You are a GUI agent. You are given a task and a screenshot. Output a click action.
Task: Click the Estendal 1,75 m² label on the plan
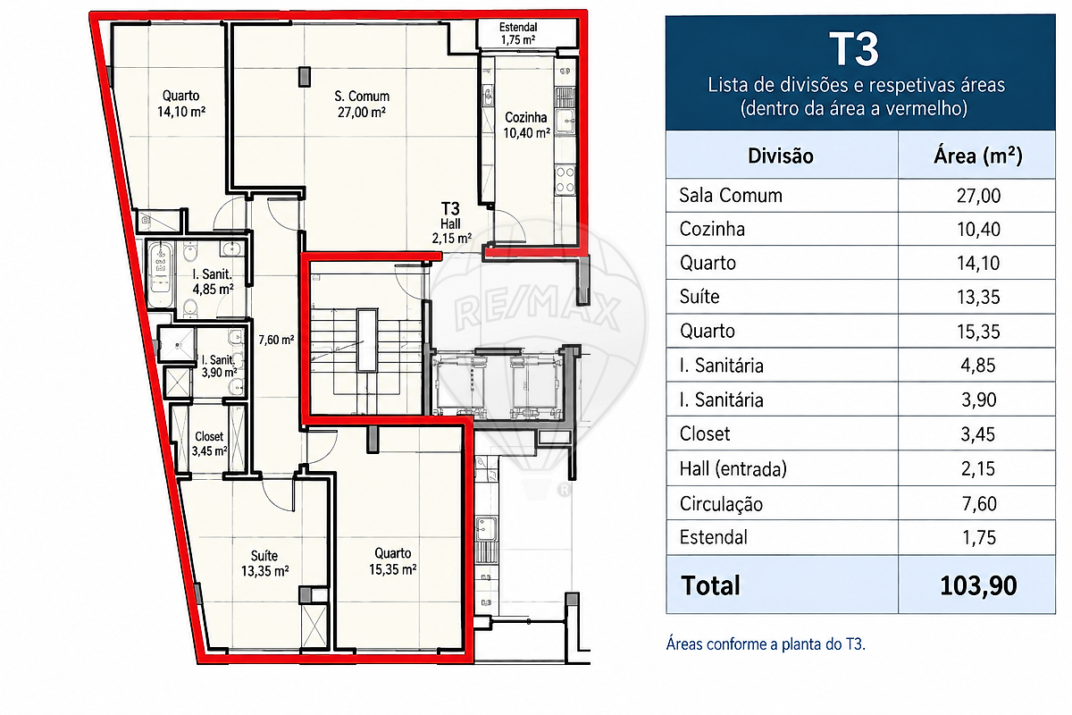pyautogui.click(x=518, y=34)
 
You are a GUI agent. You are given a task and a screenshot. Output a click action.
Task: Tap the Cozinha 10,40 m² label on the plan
pyautogui.click(x=526, y=125)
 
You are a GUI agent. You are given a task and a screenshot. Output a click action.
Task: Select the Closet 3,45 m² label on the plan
pyautogui.click(x=209, y=443)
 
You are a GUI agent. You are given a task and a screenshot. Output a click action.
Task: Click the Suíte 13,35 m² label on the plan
pyautogui.click(x=264, y=563)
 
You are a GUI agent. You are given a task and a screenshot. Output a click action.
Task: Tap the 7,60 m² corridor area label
pyautogui.click(x=276, y=340)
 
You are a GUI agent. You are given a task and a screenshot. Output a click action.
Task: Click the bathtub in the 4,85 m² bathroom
pyautogui.click(x=160, y=274)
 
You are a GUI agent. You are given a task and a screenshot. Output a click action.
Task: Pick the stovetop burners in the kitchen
pyautogui.click(x=565, y=180)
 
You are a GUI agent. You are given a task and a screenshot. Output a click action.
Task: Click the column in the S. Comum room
pyautogui.click(x=305, y=77)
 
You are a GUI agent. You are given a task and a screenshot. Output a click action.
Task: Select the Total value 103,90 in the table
pyautogui.click(x=978, y=585)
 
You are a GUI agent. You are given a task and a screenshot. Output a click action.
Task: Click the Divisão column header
pyautogui.click(x=781, y=156)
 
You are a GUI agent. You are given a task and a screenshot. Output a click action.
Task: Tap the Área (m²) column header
pyautogui.click(x=977, y=156)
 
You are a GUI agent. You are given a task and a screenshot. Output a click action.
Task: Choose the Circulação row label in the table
pyautogui.click(x=721, y=504)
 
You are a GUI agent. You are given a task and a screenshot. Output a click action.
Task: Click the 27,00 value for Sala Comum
pyautogui.click(x=978, y=196)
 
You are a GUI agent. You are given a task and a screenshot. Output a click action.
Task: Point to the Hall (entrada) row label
pyautogui.click(x=733, y=469)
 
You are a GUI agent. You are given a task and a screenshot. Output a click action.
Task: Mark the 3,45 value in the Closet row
pyautogui.click(x=978, y=434)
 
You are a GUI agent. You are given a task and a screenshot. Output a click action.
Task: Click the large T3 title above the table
pyautogui.click(x=854, y=49)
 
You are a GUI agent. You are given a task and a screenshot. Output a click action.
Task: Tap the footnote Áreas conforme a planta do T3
pyautogui.click(x=766, y=644)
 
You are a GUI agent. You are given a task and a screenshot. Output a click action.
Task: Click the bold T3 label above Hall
pyautogui.click(x=450, y=209)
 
